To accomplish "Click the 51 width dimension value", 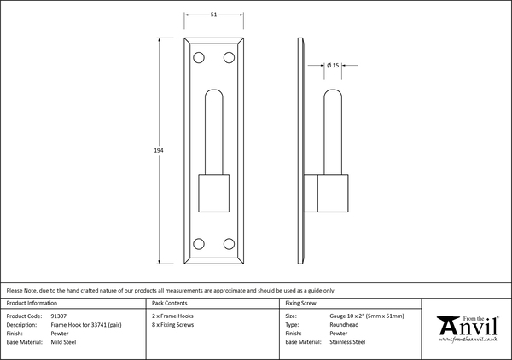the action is pyautogui.click(x=213, y=15).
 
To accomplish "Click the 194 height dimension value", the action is pyautogui.click(x=159, y=150).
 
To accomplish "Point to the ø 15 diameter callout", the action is pyautogui.click(x=333, y=66).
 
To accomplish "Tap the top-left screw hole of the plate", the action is pyautogui.click(x=199, y=58).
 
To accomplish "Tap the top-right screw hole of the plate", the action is pyautogui.click(x=229, y=58).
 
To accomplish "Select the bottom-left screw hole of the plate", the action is pyautogui.click(x=199, y=244).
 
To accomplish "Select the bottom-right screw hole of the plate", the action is pyautogui.click(x=229, y=244).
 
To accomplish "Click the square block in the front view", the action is pyautogui.click(x=214, y=193).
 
